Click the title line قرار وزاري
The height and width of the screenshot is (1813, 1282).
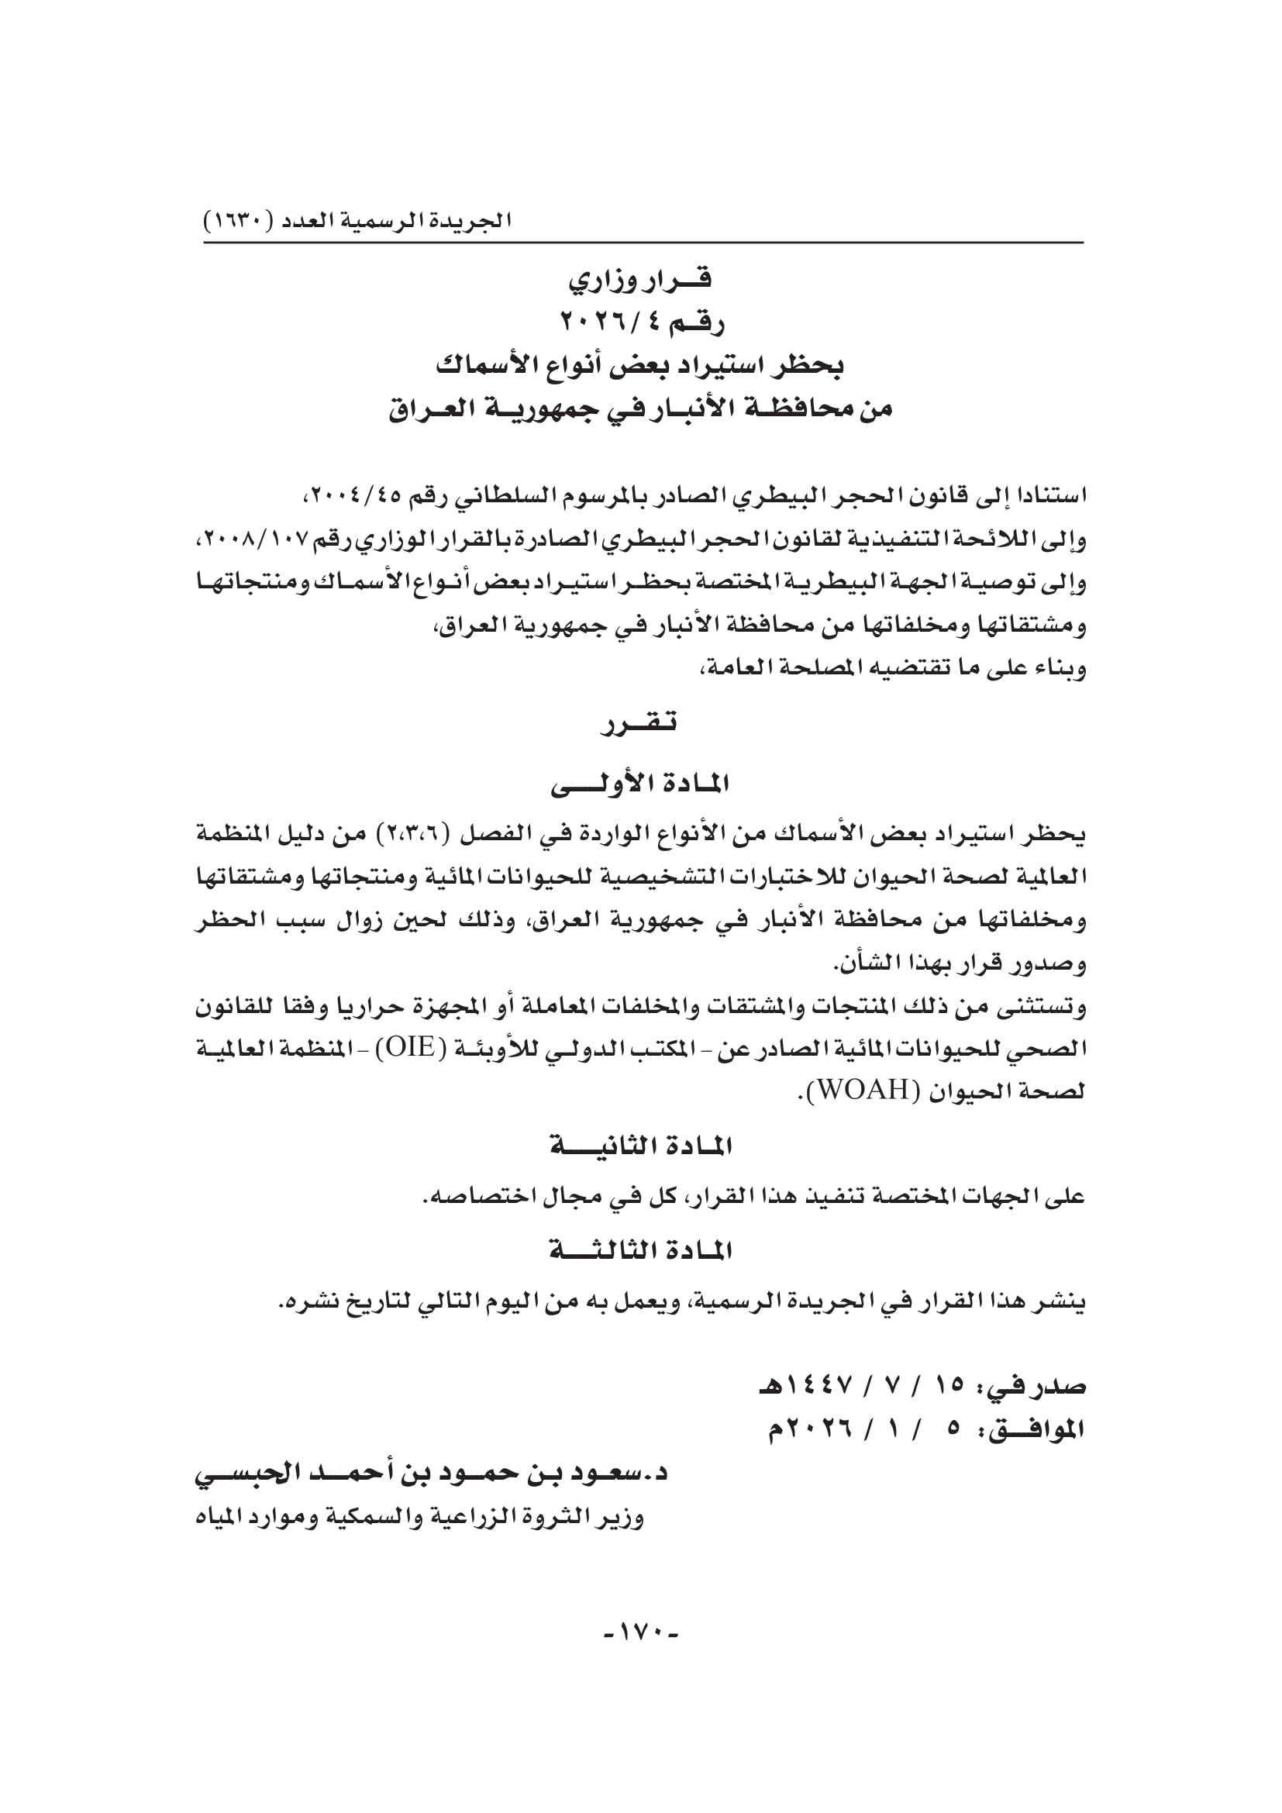tap(640, 279)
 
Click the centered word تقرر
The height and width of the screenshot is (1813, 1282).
tap(640, 722)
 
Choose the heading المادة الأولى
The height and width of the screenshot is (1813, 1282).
tap(640, 784)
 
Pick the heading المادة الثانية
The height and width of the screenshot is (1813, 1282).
tap(640, 1146)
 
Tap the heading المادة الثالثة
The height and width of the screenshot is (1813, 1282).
tap(640, 1251)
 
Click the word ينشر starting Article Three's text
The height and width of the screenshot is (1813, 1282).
tap(1060, 1301)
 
